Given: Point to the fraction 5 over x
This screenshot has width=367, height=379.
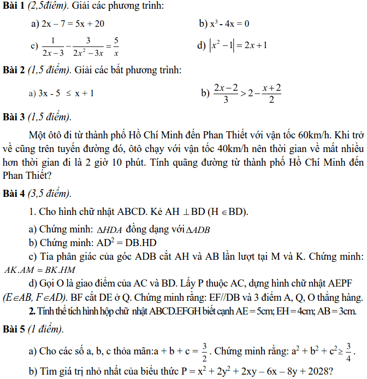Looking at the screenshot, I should point(116,47).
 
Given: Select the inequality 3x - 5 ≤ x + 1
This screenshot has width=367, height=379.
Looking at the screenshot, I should point(66,93).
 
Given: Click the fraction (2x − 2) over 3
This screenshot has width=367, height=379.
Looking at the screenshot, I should point(226,93).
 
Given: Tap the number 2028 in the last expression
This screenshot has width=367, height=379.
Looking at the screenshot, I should point(316,371).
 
